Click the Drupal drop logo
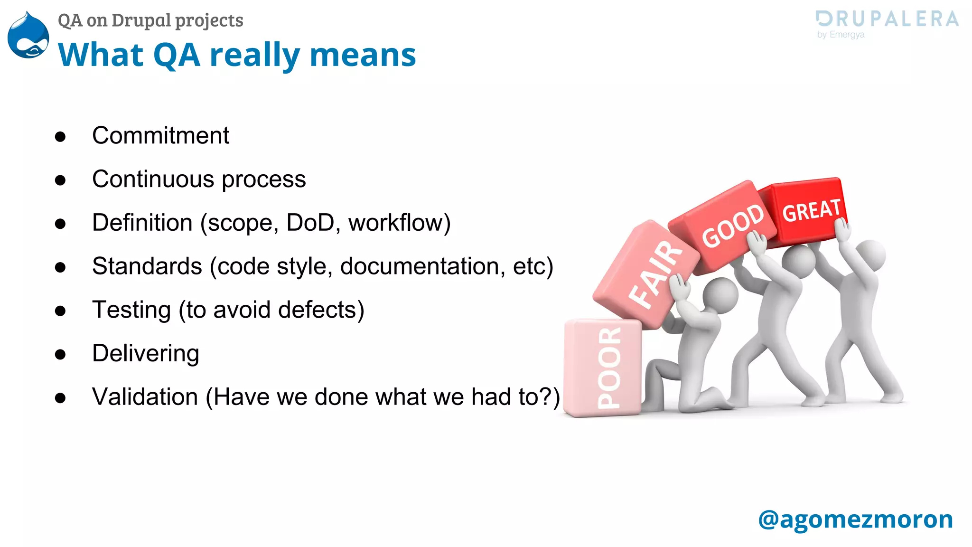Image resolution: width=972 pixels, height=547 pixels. click(28, 36)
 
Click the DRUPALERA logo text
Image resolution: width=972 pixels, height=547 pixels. click(887, 19)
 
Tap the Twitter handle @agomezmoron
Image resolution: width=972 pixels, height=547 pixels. click(855, 519)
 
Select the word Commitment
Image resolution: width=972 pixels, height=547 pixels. click(160, 136)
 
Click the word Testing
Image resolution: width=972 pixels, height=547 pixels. click(131, 310)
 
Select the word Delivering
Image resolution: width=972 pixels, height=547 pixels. click(145, 353)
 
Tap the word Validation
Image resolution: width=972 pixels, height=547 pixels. click(145, 397)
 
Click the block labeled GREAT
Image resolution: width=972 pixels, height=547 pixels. click(807, 211)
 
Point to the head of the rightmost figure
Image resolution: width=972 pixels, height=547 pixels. click(870, 255)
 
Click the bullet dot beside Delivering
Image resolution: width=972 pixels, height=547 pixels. click(60, 354)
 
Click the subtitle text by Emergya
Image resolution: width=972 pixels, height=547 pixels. click(841, 35)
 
